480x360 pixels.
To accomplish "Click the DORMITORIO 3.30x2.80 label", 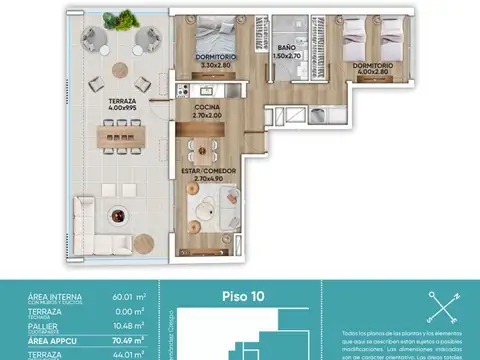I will click(212, 61).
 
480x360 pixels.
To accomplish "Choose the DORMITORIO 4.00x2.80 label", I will click(370, 69).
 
